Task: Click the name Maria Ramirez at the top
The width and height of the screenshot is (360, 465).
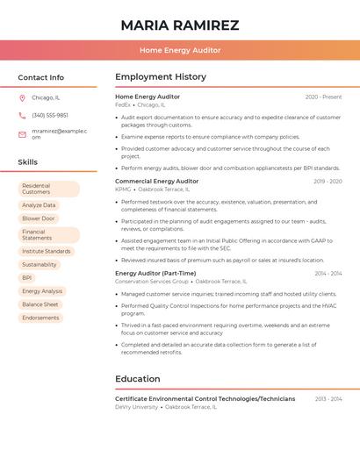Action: coord(179,25)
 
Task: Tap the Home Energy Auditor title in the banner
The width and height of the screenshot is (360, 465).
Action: coord(179,50)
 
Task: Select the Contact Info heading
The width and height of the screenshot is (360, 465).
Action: coord(40,77)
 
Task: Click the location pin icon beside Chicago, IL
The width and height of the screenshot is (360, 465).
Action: coord(23,98)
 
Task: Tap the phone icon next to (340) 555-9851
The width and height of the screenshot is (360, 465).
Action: coord(23,115)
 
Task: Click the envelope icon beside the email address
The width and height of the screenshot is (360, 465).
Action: coord(23,133)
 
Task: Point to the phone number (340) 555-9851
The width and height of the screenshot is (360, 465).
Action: coord(50,115)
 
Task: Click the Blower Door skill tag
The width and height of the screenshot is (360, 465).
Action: coord(39,218)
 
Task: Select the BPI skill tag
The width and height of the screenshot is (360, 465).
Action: coord(27,277)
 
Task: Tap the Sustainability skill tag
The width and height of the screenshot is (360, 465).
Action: coord(40,264)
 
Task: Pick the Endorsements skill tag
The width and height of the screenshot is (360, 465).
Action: coord(40,318)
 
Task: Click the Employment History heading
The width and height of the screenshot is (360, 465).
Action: coord(161,77)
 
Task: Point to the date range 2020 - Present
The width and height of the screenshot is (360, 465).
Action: coord(323,97)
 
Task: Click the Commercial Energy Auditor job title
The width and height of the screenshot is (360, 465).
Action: coord(156,181)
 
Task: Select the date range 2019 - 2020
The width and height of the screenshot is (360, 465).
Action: coord(328,182)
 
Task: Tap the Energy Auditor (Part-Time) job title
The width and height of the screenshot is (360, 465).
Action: coord(155,273)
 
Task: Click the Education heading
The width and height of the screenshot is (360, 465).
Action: coord(138,379)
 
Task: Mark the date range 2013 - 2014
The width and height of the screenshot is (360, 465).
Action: coord(328,399)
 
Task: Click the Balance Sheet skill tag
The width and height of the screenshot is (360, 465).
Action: coord(40,304)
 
